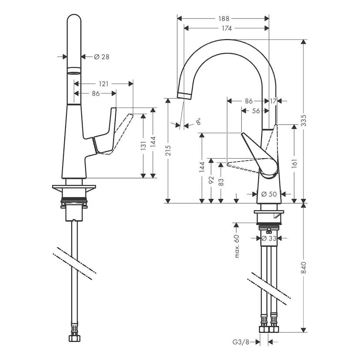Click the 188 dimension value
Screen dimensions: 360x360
coord(223,19)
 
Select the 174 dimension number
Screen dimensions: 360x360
coord(226,28)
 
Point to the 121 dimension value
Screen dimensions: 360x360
coord(103,83)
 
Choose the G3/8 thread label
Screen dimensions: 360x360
coord(240,342)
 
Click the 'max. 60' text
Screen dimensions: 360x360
coord(237,246)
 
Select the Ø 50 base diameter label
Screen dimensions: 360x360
coord(270,194)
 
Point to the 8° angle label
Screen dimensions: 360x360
coord(199,121)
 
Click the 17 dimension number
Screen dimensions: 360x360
coord(273,101)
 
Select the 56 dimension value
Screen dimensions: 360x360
coord(256,111)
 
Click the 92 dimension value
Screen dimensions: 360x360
coord(211,180)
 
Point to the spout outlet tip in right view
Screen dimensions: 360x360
coord(185,95)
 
